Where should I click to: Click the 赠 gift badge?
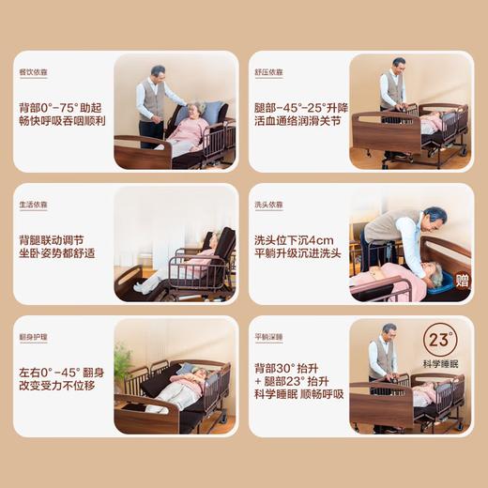click(x=462, y=279)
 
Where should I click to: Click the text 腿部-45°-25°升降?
click(x=298, y=107)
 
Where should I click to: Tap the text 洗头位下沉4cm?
click(x=293, y=238)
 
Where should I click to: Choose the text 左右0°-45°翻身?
click(x=60, y=372)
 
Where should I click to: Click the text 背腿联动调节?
click(x=56, y=238)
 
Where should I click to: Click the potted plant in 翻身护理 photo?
click(x=122, y=361)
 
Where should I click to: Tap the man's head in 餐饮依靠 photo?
click(x=157, y=72)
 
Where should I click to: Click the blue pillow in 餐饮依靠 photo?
click(x=213, y=111)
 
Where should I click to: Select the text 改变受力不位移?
click(x=61, y=386)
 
